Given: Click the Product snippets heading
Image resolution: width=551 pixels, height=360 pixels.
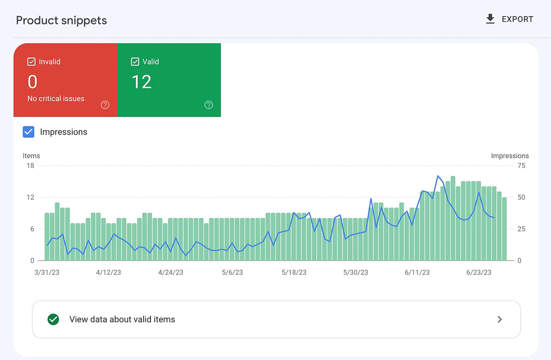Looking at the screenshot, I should tap(61, 21).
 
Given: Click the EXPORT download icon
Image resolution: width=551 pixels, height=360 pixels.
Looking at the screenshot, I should tap(490, 19).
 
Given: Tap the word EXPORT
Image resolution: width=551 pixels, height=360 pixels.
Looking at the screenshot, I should tap(517, 19).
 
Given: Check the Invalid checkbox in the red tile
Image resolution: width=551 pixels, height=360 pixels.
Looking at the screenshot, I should tap(32, 62).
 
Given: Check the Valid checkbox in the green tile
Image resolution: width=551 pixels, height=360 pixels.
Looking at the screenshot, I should tap(135, 62).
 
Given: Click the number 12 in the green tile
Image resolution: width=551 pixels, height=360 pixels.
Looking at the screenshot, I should tap(141, 82).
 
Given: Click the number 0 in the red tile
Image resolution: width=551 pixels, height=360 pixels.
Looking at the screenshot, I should tap(32, 82).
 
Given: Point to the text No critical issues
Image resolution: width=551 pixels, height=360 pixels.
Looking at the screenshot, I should tap(56, 99).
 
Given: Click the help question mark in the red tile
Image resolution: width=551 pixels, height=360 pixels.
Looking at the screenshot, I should tap(105, 105).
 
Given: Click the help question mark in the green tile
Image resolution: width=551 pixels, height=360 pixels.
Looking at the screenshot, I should tap(209, 105).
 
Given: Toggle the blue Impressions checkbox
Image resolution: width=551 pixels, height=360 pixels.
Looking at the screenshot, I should tap(29, 132).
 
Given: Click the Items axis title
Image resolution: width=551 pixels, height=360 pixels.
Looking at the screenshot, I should tap(31, 156).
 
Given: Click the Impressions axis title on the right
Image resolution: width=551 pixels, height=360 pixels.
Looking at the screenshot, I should tap(510, 156).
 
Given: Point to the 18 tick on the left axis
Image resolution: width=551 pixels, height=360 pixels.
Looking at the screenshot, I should tap(30, 166).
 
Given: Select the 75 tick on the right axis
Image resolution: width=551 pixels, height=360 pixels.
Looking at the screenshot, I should tap(521, 166).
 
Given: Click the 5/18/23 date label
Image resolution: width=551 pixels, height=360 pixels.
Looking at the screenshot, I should tap(294, 273).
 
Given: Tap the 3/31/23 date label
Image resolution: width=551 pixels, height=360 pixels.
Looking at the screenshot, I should tap(46, 273).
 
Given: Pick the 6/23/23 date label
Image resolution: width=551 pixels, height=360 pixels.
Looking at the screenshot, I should tap(479, 273).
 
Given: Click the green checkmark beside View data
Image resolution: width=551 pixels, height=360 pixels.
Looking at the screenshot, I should tap(53, 319).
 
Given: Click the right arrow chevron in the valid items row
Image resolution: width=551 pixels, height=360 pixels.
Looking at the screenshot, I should tap(500, 319).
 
